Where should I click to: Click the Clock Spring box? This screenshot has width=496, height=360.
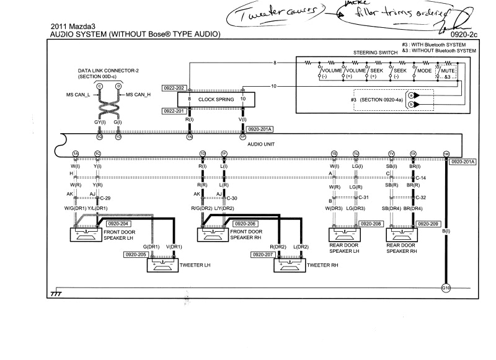coord(215,99)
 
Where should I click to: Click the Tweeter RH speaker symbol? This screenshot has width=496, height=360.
coord(290,265)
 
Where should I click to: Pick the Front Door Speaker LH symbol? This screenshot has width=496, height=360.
coord(89,234)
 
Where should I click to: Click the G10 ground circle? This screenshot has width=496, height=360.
coord(445,288)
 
